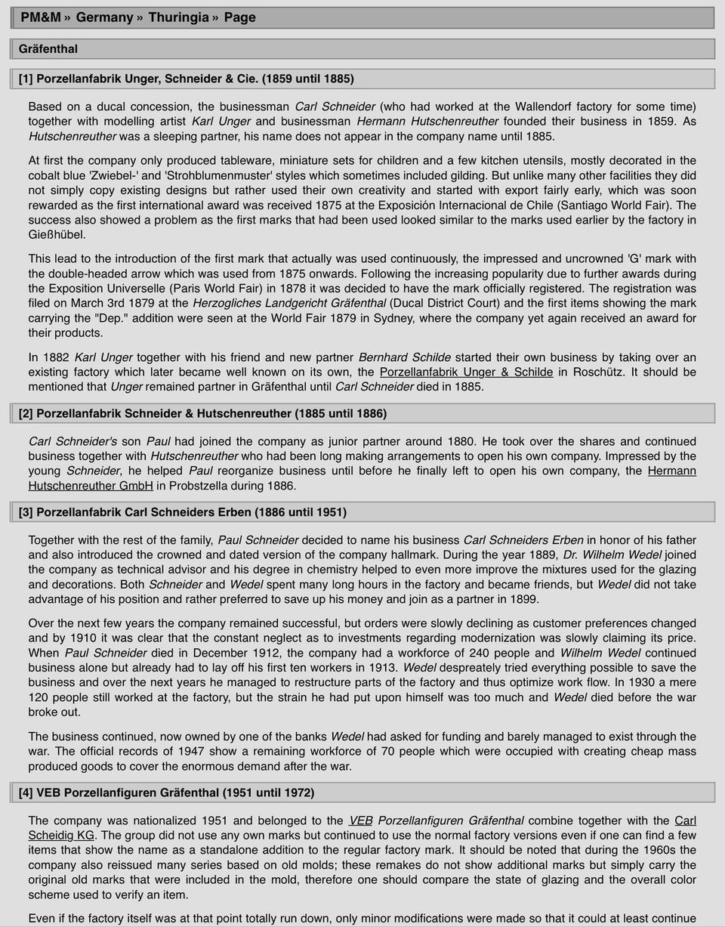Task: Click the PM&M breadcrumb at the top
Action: coord(40,17)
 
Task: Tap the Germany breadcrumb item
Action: coord(104,17)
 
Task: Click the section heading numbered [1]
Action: coord(186,79)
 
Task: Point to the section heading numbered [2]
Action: coord(202,413)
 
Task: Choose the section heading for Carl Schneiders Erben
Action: coord(182,512)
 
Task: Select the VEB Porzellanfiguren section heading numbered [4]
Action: coord(166,793)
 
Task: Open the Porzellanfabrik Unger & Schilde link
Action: coord(466,372)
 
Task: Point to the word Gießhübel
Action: coord(57,235)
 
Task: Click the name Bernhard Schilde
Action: coord(404,357)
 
